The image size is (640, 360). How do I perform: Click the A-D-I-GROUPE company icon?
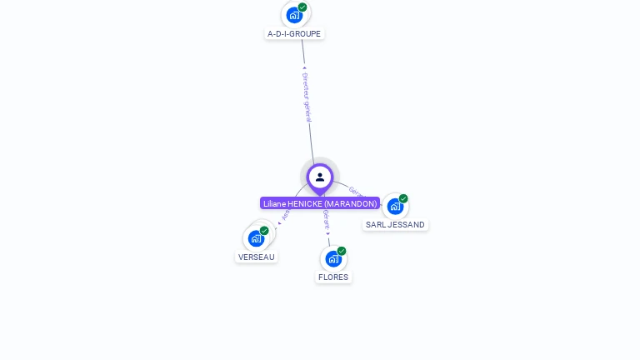point(293,15)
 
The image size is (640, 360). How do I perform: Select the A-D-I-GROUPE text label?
point(294,34)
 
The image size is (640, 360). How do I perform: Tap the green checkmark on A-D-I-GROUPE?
point(302,7)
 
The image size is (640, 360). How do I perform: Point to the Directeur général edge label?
point(307,97)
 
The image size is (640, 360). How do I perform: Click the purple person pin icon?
point(320,177)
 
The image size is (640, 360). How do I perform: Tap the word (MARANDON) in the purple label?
point(351,203)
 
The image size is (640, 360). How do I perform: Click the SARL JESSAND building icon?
point(395,206)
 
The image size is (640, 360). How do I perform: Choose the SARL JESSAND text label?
point(395,225)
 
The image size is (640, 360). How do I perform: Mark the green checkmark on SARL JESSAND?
point(403,198)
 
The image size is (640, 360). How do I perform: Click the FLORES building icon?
point(333,258)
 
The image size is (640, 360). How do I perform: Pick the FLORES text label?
point(333,277)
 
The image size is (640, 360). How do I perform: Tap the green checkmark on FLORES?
point(342,251)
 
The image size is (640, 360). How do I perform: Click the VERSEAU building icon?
point(256,238)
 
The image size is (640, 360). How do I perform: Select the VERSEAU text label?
point(257,257)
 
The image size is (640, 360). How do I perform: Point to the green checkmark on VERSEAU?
point(264,231)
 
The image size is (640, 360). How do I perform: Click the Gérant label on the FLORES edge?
point(327,220)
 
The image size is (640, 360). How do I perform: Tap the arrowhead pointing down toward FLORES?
point(328,233)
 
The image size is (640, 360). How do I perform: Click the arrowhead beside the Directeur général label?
point(304,68)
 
